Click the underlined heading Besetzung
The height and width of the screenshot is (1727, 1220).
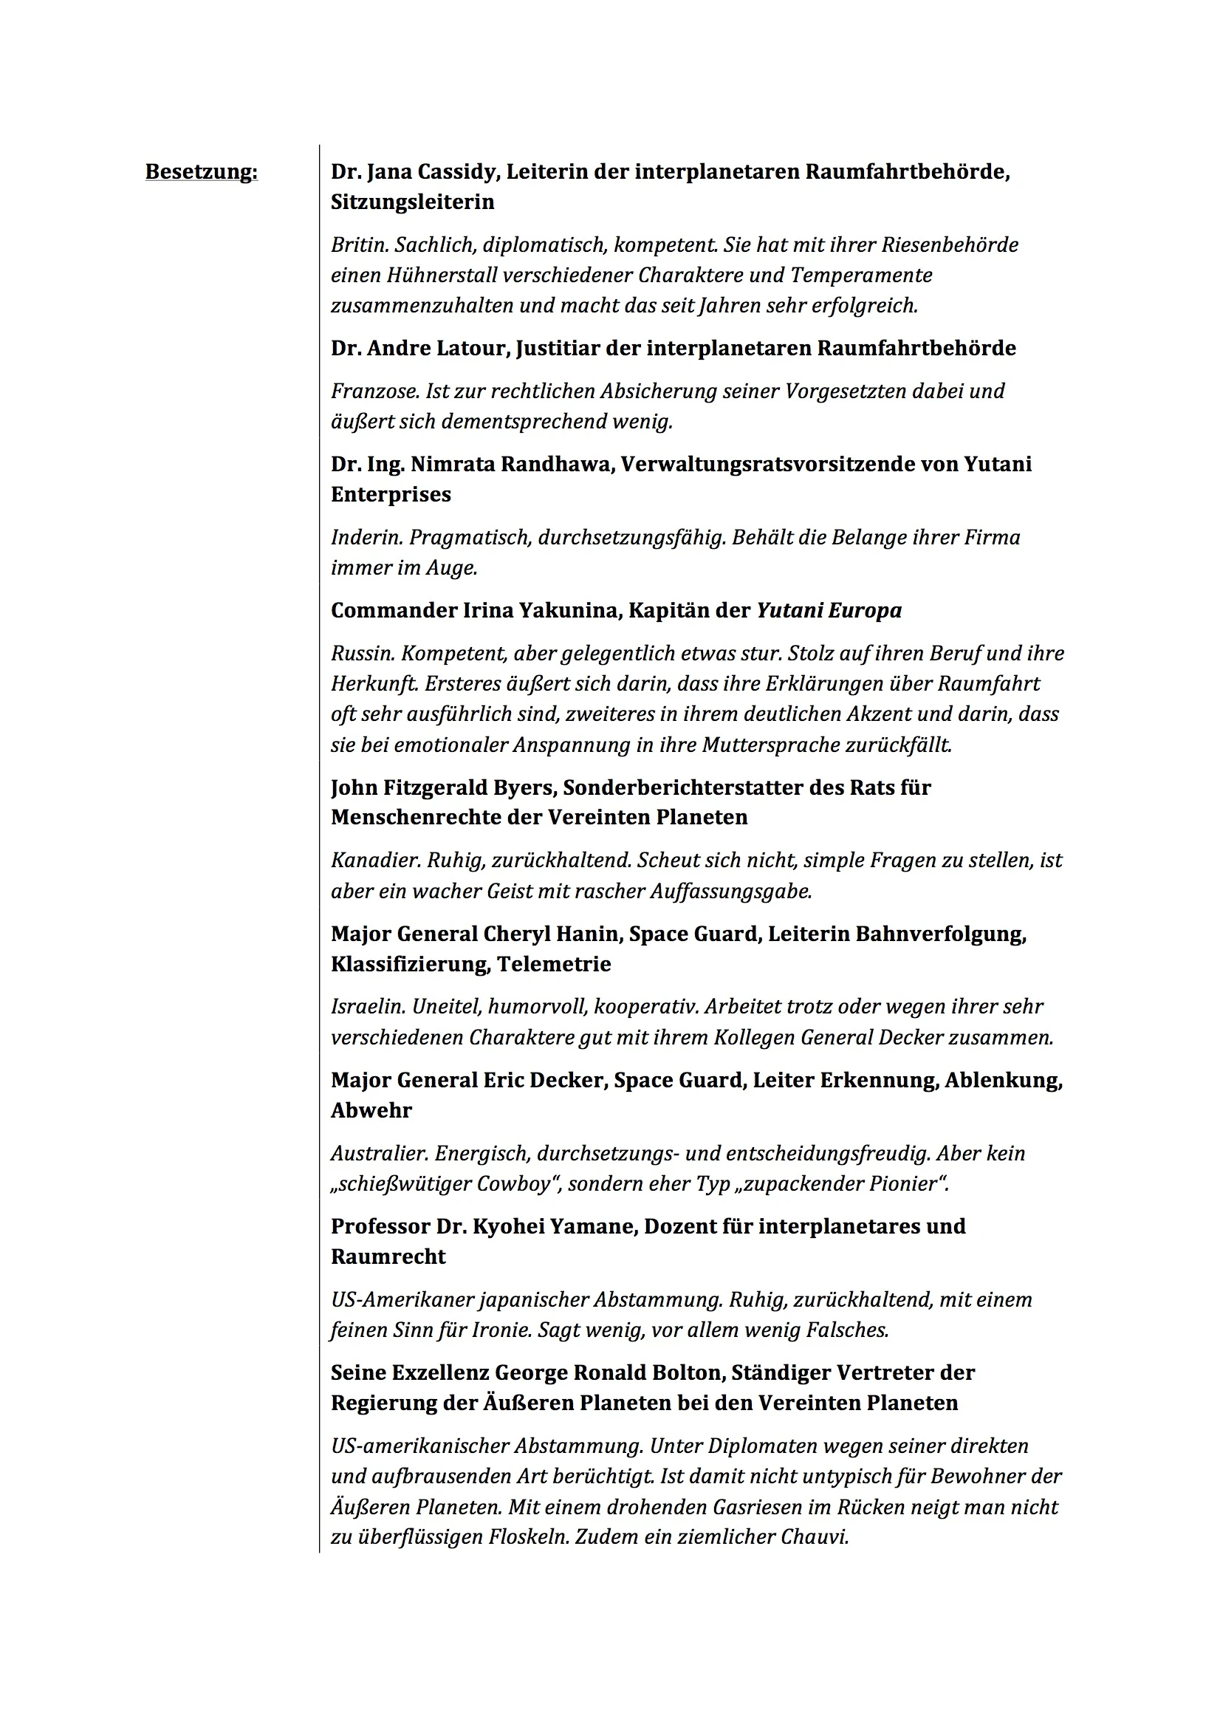[x=201, y=172]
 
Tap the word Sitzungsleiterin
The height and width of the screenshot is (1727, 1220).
[x=412, y=202]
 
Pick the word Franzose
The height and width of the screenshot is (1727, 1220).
[x=374, y=391]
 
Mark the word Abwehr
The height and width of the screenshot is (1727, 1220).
[x=371, y=1111]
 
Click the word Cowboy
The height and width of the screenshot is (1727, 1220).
[x=518, y=1184]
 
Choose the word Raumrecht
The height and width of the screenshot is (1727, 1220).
[x=388, y=1257]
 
